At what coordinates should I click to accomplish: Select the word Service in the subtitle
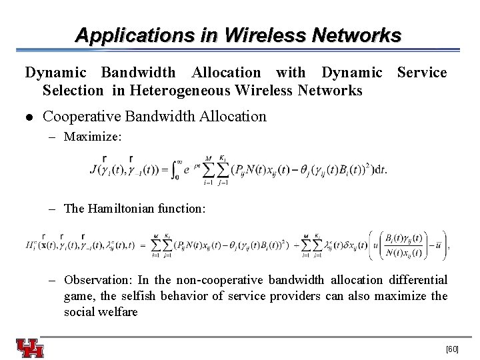[x=422, y=72]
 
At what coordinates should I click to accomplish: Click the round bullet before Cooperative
[x=29, y=117]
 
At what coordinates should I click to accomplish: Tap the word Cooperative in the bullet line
[x=87, y=116]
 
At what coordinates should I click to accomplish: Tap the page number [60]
[x=452, y=349]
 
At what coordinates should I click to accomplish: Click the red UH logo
[x=31, y=348]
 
